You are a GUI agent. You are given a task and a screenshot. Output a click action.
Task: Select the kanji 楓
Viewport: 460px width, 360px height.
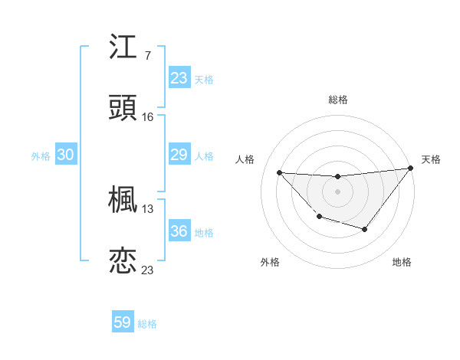[x=123, y=201]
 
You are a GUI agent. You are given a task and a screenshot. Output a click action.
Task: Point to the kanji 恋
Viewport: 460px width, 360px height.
[x=123, y=261]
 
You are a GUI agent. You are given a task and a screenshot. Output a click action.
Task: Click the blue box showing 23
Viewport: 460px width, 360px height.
[x=179, y=78]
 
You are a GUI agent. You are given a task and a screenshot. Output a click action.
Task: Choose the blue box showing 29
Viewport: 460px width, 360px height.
[x=179, y=155]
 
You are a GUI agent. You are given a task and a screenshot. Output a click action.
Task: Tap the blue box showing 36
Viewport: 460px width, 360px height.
[x=179, y=231]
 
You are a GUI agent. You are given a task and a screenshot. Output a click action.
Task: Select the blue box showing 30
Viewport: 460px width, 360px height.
[x=66, y=155]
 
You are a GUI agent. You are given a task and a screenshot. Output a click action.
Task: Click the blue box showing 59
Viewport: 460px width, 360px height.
[x=123, y=322]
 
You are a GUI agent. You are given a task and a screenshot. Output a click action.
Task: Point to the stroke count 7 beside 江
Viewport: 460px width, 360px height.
[x=147, y=56]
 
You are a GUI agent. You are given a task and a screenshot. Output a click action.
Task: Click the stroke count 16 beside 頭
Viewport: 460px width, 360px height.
[x=148, y=116]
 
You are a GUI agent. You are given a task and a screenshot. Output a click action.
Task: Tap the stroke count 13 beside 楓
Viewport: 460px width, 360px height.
[x=148, y=208]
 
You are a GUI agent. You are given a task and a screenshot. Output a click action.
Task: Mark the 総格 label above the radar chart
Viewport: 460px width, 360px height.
[x=338, y=100]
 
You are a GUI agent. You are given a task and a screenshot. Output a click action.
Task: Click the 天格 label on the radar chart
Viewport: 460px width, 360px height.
[x=432, y=159]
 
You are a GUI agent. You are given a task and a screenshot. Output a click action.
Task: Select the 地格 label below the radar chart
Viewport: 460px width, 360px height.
[x=402, y=263]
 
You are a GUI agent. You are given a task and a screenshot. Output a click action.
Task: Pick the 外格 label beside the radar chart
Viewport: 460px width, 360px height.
[x=270, y=263]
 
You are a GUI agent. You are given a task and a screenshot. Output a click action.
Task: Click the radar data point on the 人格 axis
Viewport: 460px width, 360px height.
[x=280, y=172]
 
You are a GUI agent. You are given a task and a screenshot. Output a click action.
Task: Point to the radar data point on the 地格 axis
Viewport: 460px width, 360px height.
[x=365, y=229]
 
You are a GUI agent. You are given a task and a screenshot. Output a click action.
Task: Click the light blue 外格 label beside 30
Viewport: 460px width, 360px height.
[x=41, y=156]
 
